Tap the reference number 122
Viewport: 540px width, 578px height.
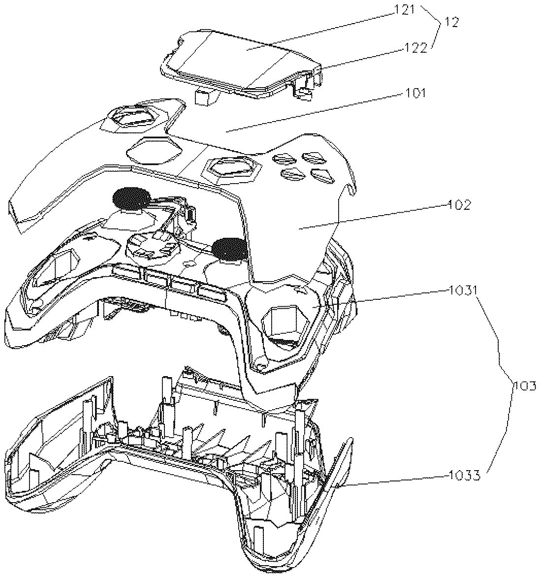point(415,48)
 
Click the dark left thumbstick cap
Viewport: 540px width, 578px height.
point(131,198)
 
